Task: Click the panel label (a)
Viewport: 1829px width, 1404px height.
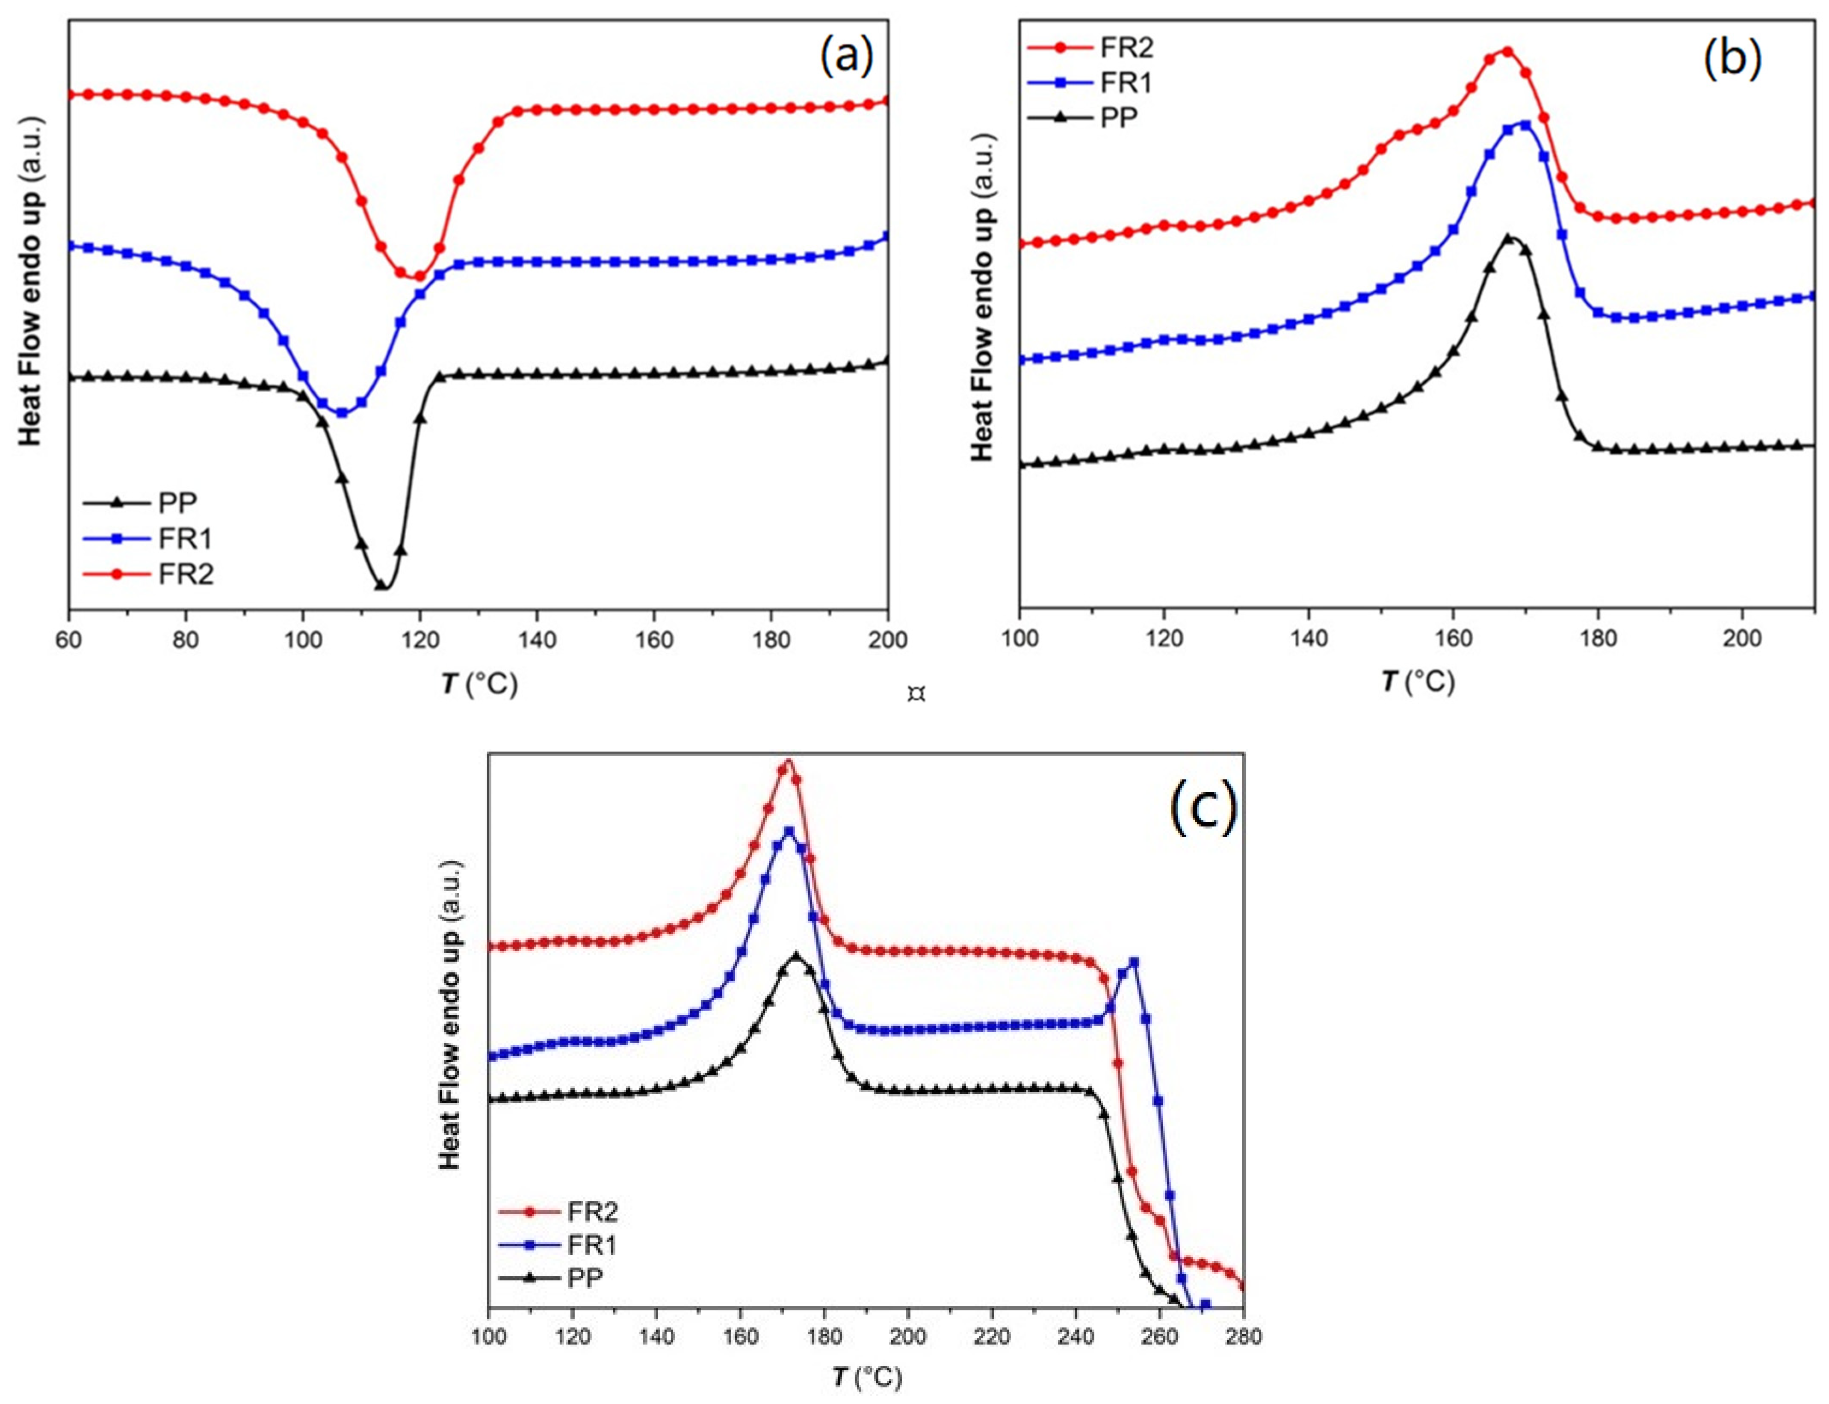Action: coord(845,57)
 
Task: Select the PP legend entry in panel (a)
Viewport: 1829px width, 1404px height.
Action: coord(177,502)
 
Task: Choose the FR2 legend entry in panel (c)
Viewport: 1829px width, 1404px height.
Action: coord(591,1211)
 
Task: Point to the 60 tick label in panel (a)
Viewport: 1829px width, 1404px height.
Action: coord(68,640)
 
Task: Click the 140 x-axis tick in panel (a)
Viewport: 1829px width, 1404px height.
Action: coord(536,640)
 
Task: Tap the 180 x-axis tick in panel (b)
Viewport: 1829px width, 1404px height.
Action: coord(1598,639)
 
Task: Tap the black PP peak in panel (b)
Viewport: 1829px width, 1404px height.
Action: coord(1508,238)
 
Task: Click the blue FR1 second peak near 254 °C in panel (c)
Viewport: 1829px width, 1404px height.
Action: coord(1134,962)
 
